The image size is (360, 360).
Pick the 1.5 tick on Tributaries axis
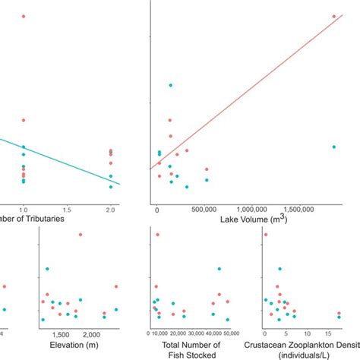67,209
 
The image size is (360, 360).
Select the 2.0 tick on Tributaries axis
111,209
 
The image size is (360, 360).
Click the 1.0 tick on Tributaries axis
24,209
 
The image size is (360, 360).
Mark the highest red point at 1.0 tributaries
24,16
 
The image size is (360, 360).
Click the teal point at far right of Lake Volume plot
333,147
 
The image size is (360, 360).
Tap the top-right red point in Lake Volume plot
333,16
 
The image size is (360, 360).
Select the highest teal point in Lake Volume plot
170,85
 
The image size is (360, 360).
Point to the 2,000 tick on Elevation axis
90,334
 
